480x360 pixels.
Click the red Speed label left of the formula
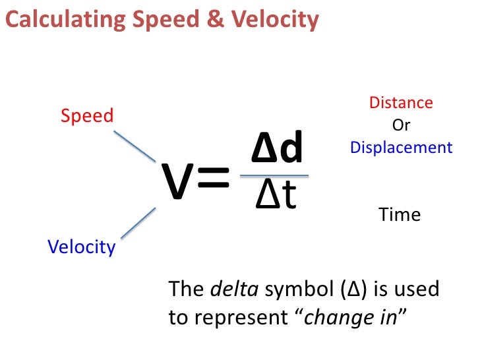click(x=87, y=116)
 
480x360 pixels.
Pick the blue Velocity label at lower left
click(x=81, y=247)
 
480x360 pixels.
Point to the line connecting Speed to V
click(x=134, y=145)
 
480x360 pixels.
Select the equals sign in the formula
click(x=213, y=180)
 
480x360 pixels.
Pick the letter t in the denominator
click(x=288, y=196)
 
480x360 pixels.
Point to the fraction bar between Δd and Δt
click(x=274, y=176)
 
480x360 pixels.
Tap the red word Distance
click(x=401, y=103)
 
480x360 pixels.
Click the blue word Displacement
click(x=402, y=147)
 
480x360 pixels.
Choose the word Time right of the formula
click(x=400, y=214)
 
